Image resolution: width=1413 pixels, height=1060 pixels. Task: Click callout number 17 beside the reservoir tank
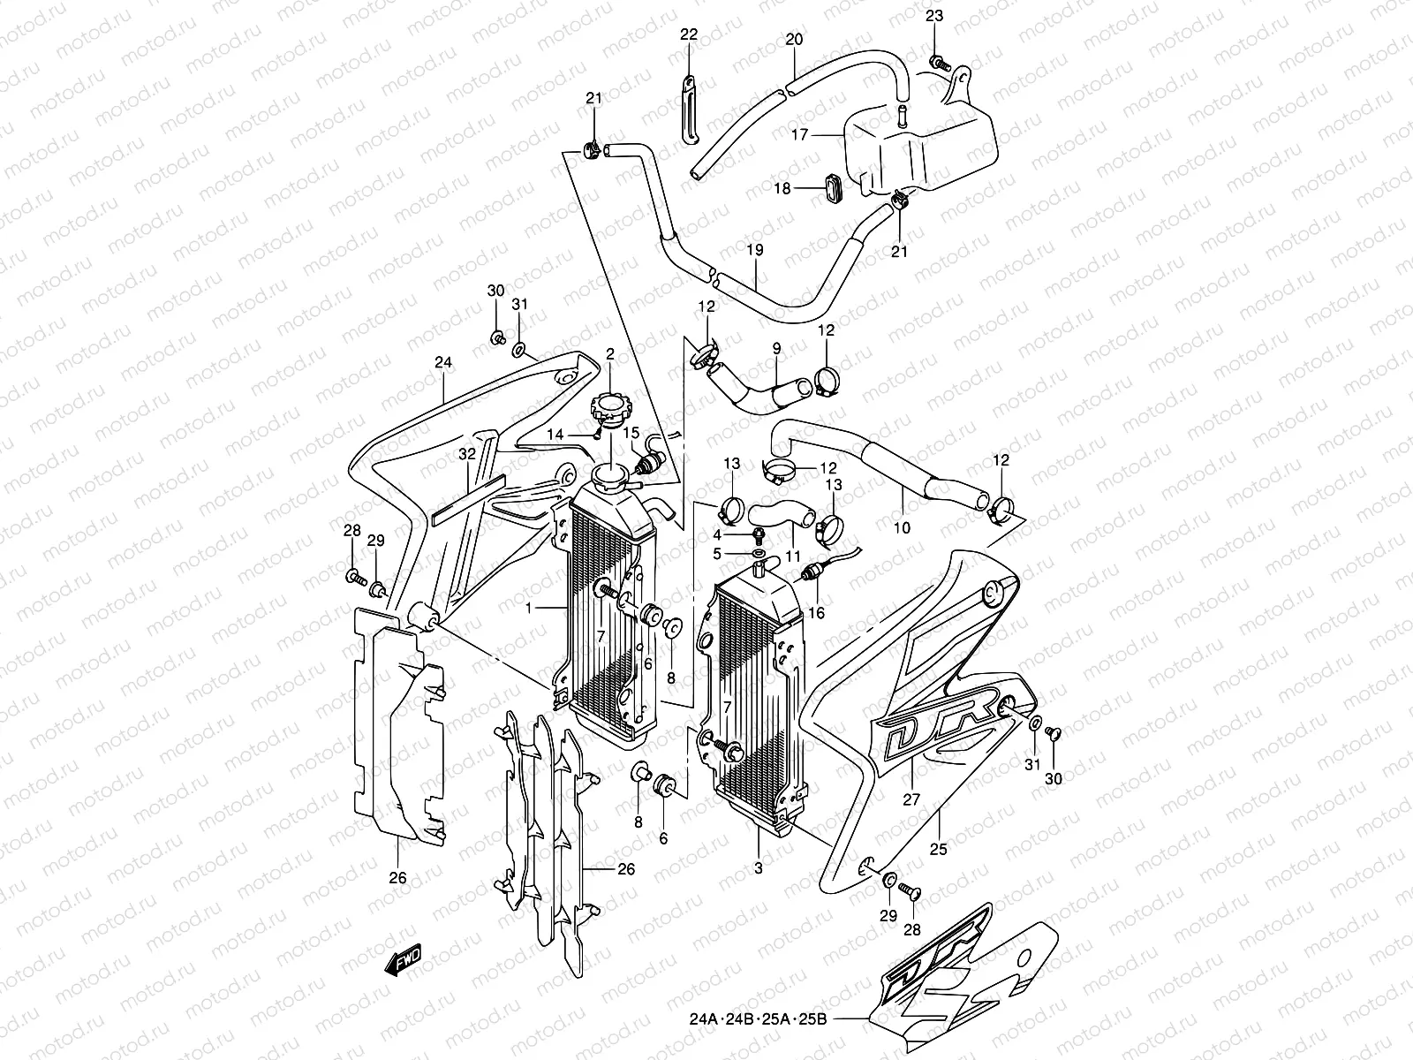(x=800, y=136)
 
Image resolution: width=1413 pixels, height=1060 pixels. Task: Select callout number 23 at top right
(x=934, y=16)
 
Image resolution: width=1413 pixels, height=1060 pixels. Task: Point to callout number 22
(x=689, y=35)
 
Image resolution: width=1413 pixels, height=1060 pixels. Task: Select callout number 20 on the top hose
(x=794, y=40)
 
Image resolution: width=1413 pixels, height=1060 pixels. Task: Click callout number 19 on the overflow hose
(x=753, y=251)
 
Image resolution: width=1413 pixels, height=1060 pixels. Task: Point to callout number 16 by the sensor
(x=815, y=612)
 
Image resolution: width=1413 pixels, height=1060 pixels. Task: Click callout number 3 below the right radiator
(x=758, y=868)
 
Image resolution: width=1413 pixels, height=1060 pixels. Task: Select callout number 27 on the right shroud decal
(x=911, y=799)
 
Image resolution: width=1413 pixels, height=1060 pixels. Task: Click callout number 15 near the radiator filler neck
(x=631, y=432)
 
